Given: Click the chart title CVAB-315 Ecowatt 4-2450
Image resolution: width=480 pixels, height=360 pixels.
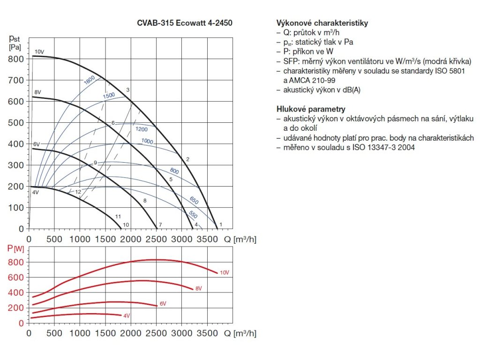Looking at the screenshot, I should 185,22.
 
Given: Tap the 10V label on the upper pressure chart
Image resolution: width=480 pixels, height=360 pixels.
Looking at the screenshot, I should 39,52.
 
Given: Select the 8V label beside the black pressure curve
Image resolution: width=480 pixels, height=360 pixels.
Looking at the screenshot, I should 37,92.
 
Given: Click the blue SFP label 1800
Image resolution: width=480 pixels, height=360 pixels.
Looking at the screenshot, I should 90,80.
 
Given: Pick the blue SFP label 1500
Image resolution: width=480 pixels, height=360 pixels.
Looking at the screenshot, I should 109,96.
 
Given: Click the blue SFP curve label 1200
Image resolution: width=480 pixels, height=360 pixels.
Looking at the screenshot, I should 142,129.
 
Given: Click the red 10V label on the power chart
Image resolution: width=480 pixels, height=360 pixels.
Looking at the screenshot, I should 225,272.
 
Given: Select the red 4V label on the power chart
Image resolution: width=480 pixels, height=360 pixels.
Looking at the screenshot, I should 127,316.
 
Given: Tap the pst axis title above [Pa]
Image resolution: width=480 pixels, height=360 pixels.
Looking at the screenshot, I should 15,38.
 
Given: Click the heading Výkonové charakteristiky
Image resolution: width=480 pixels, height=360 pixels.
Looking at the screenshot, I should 322,23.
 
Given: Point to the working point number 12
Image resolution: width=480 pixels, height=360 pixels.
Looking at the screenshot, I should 78,192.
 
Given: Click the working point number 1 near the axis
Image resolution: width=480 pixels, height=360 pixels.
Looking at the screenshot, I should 220,225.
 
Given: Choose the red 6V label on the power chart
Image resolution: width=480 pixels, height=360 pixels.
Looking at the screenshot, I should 163,304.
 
